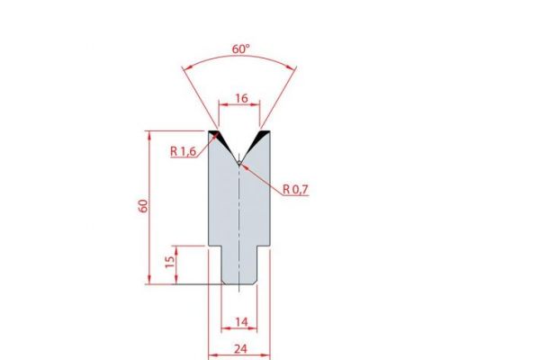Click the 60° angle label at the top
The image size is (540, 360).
[x=240, y=49]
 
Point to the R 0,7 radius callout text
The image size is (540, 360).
[x=295, y=190]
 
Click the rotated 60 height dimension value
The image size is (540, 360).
[x=143, y=207]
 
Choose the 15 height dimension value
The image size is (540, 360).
[x=169, y=263]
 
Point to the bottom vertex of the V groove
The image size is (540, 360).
[x=238, y=163]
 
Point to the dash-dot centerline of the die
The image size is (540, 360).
[x=238, y=225]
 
